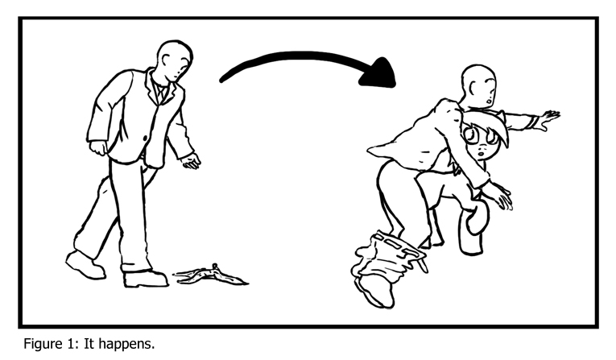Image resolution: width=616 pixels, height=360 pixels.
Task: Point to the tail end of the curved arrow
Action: [222, 81]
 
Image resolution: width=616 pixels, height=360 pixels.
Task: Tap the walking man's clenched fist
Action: [97, 148]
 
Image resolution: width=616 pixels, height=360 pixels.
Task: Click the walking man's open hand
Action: [191, 160]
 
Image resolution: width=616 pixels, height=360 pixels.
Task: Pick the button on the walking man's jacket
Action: [145, 138]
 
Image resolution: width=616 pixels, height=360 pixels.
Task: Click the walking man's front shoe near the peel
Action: [145, 279]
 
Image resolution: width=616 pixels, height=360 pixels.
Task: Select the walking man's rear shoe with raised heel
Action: [85, 266]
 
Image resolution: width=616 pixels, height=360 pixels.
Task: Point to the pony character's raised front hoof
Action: [477, 219]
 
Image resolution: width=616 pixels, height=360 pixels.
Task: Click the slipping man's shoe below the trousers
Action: [375, 292]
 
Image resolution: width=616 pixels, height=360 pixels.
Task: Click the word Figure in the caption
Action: [42, 344]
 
